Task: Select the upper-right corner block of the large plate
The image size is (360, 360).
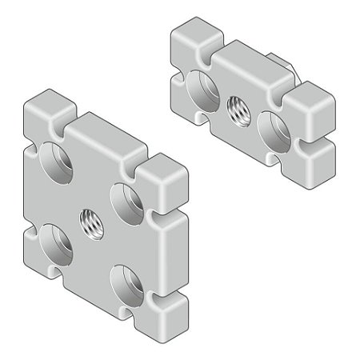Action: click(165, 177)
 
